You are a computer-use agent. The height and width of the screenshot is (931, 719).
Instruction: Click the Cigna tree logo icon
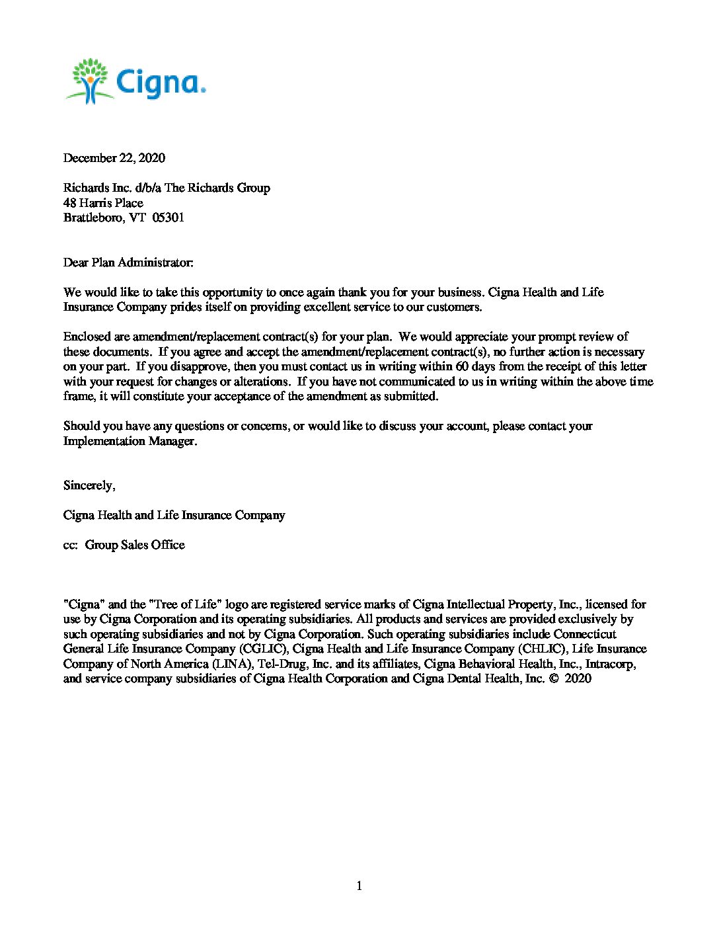pyautogui.click(x=89, y=80)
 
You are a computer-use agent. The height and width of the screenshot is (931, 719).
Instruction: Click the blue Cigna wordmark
pyautogui.click(x=161, y=83)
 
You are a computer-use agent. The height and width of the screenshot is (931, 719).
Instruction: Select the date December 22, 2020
pyautogui.click(x=114, y=158)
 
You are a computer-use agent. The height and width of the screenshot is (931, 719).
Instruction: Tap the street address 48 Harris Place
pyautogui.click(x=103, y=203)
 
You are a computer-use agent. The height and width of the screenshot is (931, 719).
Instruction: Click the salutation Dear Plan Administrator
pyautogui.click(x=128, y=263)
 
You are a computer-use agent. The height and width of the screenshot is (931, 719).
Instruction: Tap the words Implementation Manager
pyautogui.click(x=130, y=441)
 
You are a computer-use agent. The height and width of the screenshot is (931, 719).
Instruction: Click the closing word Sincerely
pyautogui.click(x=89, y=485)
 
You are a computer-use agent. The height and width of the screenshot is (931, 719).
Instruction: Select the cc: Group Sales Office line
pyautogui.click(x=124, y=545)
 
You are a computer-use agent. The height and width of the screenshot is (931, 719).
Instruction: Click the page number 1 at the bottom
pyautogui.click(x=359, y=886)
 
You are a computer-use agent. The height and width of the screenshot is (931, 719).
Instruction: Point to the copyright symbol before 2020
pyautogui.click(x=553, y=678)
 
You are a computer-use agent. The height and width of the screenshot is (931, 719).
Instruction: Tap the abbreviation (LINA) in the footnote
pyautogui.click(x=230, y=664)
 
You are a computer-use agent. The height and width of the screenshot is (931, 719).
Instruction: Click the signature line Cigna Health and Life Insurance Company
pyautogui.click(x=174, y=515)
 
